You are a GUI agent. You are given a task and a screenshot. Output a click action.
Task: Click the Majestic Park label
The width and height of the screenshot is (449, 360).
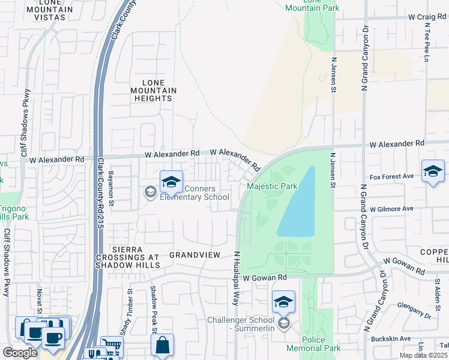coord(273,187)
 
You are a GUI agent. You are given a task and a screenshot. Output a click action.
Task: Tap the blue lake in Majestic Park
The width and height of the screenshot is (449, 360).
coord(297,204)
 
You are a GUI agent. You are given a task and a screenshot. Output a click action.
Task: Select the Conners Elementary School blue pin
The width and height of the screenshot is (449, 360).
coord(171,182)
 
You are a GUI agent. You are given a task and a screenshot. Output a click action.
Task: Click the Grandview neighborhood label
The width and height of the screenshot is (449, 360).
coord(194,255)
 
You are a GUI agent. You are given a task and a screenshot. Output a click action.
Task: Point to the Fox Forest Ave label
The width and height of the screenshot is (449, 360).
coord(392,176)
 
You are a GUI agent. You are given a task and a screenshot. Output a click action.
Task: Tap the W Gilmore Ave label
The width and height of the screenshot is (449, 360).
coord(392,209)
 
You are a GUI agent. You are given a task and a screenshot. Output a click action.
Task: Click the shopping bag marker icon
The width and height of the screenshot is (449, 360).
coord(162,345)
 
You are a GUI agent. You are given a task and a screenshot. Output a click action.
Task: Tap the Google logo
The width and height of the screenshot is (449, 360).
coord(20,353)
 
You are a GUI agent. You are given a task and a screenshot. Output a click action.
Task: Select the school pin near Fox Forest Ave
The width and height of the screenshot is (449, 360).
coord(433,172)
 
